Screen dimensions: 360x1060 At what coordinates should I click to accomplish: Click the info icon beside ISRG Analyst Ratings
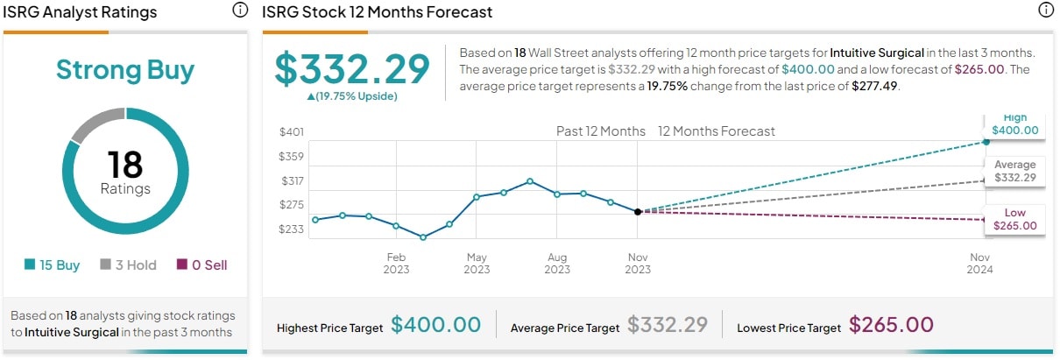click(239, 11)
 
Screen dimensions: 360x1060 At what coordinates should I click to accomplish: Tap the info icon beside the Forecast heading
click(1045, 11)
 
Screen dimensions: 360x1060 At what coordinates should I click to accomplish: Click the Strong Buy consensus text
click(124, 70)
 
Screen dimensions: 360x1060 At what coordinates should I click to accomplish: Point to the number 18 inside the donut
click(124, 165)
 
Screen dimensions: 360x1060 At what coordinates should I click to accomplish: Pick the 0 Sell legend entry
click(201, 265)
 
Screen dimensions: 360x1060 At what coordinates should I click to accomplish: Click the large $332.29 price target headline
click(352, 69)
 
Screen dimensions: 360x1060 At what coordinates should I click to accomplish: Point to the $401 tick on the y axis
click(291, 132)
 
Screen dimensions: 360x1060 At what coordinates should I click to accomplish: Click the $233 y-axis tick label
click(291, 229)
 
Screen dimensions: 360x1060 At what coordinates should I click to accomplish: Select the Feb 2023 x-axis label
click(396, 263)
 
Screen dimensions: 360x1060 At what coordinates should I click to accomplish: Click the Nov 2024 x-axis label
click(980, 263)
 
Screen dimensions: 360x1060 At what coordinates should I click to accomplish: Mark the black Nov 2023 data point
click(638, 211)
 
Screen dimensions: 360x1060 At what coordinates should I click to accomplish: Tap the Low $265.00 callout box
click(1014, 219)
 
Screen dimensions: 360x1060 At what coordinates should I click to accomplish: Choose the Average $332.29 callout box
click(1014, 171)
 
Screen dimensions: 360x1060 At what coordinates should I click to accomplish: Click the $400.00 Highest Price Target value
click(435, 325)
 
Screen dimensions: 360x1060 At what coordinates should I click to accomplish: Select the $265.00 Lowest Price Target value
click(890, 325)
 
